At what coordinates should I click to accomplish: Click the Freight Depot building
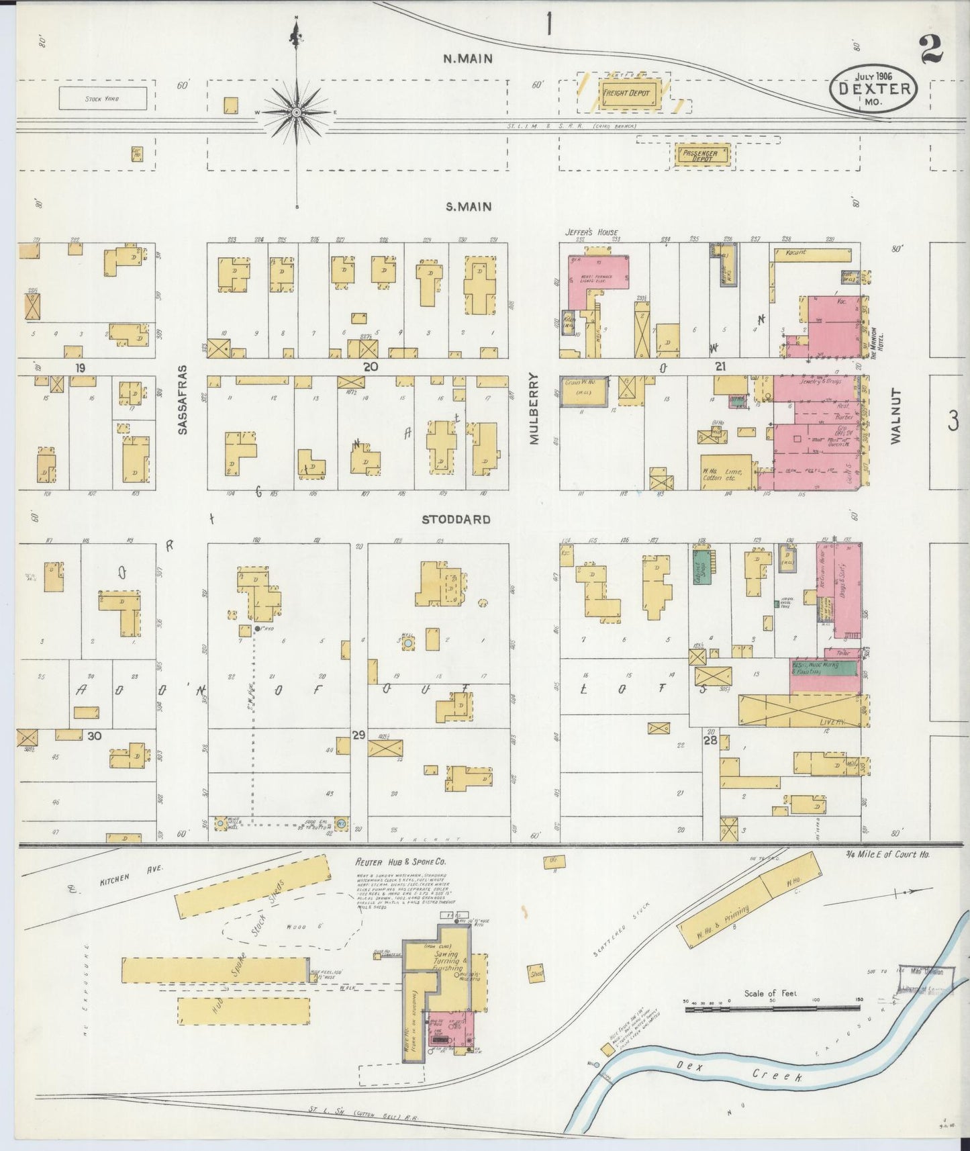click(626, 93)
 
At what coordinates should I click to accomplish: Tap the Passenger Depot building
click(700, 155)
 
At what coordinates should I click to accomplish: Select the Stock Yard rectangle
click(102, 99)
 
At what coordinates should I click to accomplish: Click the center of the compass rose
click(296, 113)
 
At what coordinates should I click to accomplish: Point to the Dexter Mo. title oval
click(873, 89)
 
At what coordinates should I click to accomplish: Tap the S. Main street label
click(469, 207)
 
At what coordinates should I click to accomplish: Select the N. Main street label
click(468, 58)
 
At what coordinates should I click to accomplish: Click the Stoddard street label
click(456, 519)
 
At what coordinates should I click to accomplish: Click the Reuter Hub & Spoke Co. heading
click(401, 862)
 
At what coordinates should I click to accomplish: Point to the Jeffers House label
click(591, 232)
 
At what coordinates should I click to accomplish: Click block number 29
click(358, 735)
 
